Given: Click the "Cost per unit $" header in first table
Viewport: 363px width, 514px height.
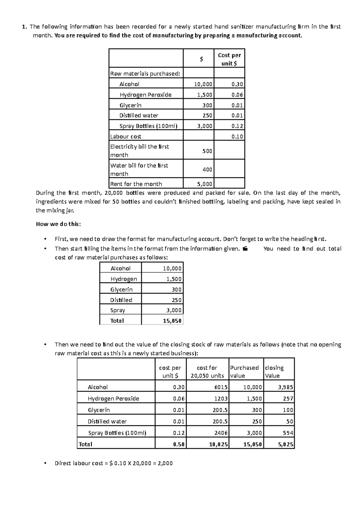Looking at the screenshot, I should click(x=229, y=59).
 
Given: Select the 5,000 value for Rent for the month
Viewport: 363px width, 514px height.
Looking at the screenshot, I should click(x=205, y=184).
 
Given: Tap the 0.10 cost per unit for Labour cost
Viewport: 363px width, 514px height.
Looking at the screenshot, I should click(x=237, y=137).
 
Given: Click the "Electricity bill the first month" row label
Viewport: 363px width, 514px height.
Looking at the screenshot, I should click(x=139, y=150).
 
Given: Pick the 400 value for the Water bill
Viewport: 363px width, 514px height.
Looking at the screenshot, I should click(x=207, y=170).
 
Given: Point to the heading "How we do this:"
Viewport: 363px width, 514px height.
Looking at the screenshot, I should click(x=58, y=224).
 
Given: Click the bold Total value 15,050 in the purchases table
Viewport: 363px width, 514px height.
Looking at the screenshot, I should click(x=172, y=321).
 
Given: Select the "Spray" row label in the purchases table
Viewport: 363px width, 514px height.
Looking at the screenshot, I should click(x=118, y=310).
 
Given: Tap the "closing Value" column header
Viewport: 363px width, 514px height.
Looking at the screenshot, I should click(x=274, y=371).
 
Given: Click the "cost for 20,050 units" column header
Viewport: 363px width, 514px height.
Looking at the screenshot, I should click(x=207, y=371).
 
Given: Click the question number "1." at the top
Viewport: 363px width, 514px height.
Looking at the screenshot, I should click(x=25, y=27).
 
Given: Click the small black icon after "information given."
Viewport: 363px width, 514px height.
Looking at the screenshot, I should click(x=245, y=249).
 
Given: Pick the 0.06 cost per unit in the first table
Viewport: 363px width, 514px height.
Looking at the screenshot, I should click(x=237, y=95).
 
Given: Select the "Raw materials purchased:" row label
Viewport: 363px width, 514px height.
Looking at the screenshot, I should click(x=145, y=74).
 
